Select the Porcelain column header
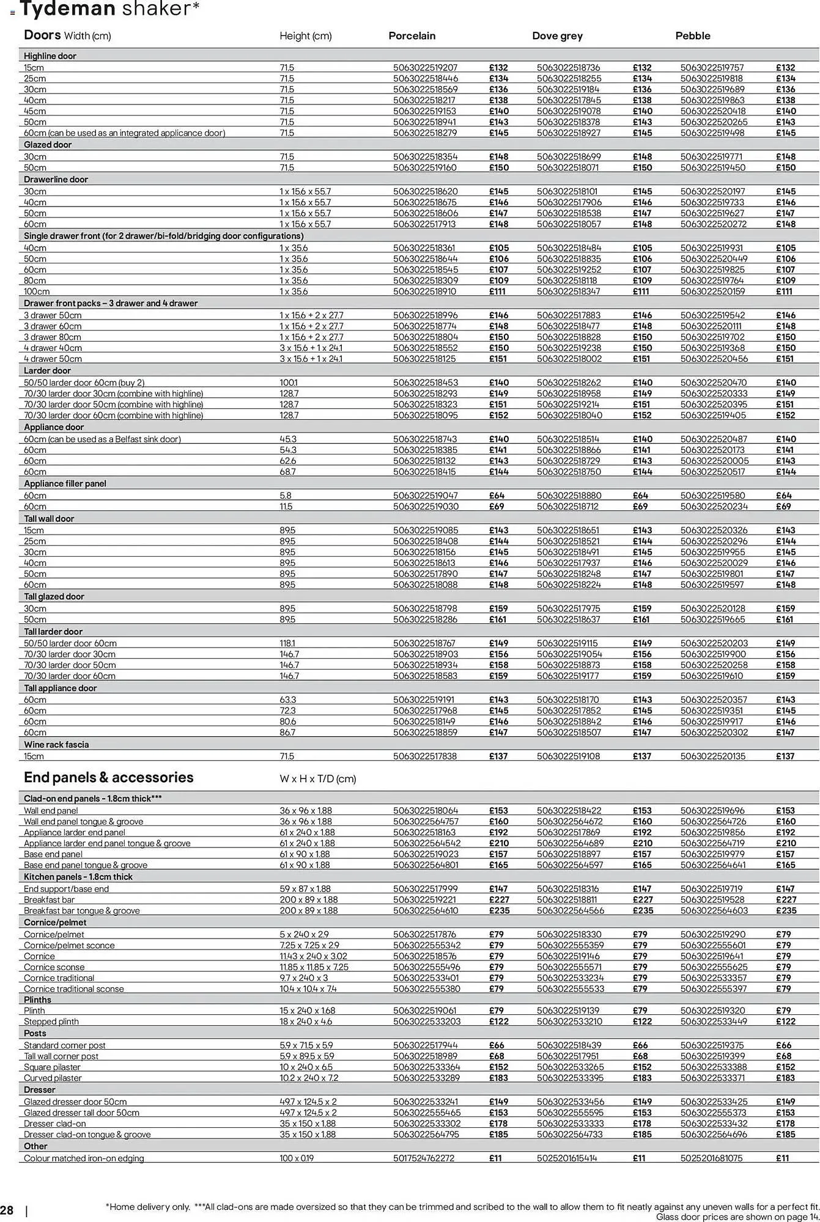point(412,36)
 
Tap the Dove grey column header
point(557,36)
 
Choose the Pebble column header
point(692,36)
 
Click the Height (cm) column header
point(305,36)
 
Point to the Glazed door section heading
point(48,145)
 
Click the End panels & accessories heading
point(108,777)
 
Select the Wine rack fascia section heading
point(56,745)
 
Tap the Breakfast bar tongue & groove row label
point(81,910)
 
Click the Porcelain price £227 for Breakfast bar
point(498,899)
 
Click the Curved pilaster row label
point(52,1078)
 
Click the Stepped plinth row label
point(51,1022)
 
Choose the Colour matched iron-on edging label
point(84,1158)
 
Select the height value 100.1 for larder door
point(289,382)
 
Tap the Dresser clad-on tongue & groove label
point(87,1135)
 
